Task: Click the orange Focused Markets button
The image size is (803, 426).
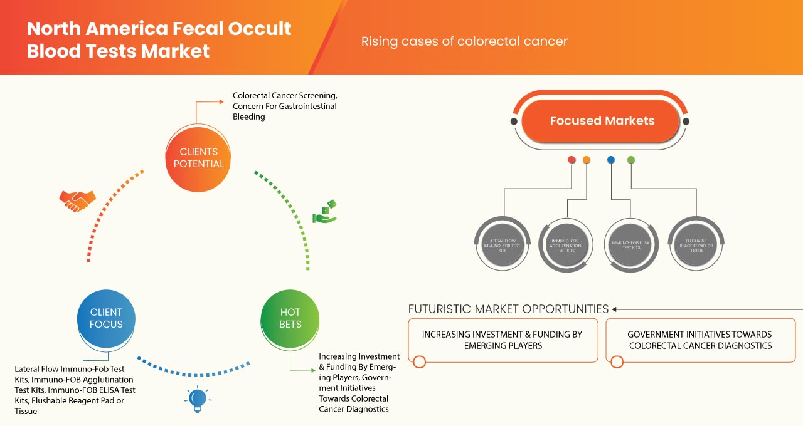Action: point(602,121)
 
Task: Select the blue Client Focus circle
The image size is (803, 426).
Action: point(106,318)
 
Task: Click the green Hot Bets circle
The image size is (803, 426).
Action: point(290,318)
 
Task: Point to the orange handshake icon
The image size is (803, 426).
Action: point(77,200)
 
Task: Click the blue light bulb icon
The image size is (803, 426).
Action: point(198,398)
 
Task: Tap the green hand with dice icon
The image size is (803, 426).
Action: point(325,212)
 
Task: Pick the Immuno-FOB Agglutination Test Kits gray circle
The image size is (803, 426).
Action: point(566,244)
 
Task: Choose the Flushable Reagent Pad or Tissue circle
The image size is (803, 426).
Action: point(694,244)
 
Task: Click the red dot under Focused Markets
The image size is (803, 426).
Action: point(572,160)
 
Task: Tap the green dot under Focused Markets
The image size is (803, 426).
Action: point(631,160)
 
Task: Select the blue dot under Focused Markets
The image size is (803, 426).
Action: point(611,160)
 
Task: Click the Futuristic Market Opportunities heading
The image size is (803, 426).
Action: point(508,309)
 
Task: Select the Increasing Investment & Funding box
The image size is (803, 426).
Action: point(503,340)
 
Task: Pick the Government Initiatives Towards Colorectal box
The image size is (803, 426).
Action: point(699,340)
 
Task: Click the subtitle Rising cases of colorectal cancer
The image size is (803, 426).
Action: point(464,41)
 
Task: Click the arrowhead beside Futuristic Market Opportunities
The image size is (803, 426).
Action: point(615,309)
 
